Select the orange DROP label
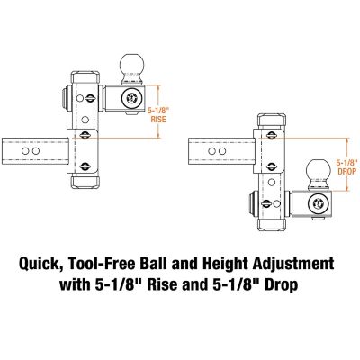tap(346, 169)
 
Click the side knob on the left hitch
tap(63, 97)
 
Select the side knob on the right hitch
tap(251, 203)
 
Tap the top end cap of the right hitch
tap(271, 119)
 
